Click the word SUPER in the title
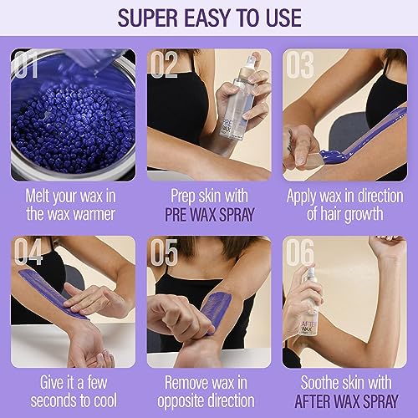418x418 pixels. point(148,18)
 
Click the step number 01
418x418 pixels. point(26,64)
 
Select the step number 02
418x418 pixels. point(164,64)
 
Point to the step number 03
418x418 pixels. point(300,64)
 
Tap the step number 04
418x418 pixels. point(28,252)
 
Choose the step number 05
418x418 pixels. point(164,252)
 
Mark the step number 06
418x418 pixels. point(300,252)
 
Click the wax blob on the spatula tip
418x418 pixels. point(333,155)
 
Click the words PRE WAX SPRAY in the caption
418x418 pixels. point(209,214)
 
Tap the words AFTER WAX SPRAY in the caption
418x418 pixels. point(346,401)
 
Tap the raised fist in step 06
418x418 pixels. point(387,246)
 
